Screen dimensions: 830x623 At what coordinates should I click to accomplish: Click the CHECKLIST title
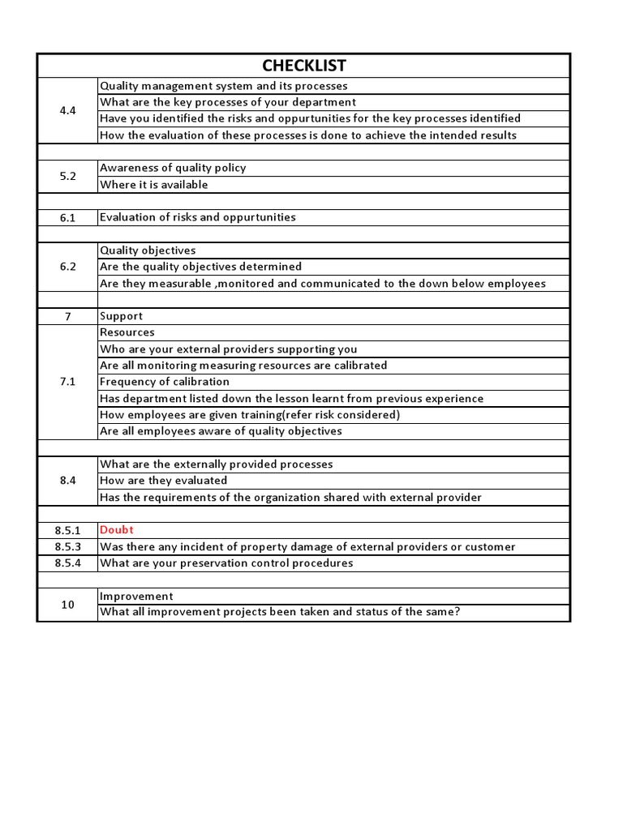(x=304, y=66)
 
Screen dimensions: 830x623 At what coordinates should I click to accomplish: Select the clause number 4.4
(x=68, y=111)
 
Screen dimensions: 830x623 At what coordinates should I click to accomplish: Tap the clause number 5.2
(x=68, y=177)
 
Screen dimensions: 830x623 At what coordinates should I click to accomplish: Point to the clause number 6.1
(x=68, y=218)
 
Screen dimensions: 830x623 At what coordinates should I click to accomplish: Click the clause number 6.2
(x=68, y=267)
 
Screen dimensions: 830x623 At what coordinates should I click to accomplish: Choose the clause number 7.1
(x=68, y=382)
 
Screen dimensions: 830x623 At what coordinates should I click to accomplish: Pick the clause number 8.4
(x=68, y=481)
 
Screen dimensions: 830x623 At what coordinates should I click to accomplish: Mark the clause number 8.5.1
(x=68, y=530)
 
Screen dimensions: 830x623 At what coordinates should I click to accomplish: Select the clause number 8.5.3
(x=68, y=547)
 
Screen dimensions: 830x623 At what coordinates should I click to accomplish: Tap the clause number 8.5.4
(x=68, y=563)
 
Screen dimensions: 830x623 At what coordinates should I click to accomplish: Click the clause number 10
(x=68, y=605)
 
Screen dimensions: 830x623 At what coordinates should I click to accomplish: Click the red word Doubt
(x=117, y=530)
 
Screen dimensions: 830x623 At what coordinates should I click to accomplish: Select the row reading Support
(x=122, y=316)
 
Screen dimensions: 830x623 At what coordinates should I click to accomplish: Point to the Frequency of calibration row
(x=165, y=382)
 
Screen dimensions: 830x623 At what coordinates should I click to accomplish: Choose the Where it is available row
(x=154, y=185)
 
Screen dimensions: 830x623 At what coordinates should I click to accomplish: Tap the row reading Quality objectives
(x=148, y=250)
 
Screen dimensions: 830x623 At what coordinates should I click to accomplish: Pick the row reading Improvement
(x=136, y=596)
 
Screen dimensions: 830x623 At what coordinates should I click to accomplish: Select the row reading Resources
(x=127, y=332)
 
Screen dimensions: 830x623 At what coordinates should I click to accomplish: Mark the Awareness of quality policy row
(x=173, y=168)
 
